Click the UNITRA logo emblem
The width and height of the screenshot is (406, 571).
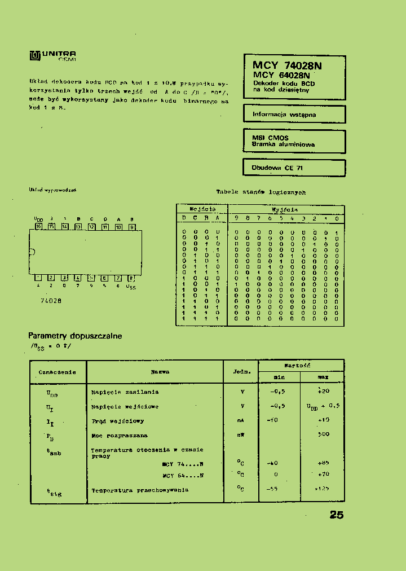tap(34, 56)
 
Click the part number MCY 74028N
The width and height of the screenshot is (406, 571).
tap(287, 65)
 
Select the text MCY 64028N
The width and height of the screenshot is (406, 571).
tap(281, 75)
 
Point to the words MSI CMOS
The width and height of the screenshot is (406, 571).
tap(270, 138)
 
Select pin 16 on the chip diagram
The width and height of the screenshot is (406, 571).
tap(38, 227)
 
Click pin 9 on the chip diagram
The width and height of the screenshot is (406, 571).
tap(132, 227)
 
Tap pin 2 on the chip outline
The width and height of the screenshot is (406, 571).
tap(51, 278)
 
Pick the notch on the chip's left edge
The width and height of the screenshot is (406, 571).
tap(32, 252)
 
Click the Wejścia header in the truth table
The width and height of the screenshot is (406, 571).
tap(202, 209)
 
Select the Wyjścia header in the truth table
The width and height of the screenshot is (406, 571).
tap(285, 209)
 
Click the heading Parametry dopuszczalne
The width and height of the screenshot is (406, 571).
tap(75, 336)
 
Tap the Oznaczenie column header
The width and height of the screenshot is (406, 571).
tap(57, 372)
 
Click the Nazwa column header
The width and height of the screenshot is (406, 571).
tap(160, 372)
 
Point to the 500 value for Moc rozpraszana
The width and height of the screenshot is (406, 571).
tap(323, 434)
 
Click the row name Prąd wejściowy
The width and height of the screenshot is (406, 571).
tap(118, 421)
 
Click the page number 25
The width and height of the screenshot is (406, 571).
tap(336, 515)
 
